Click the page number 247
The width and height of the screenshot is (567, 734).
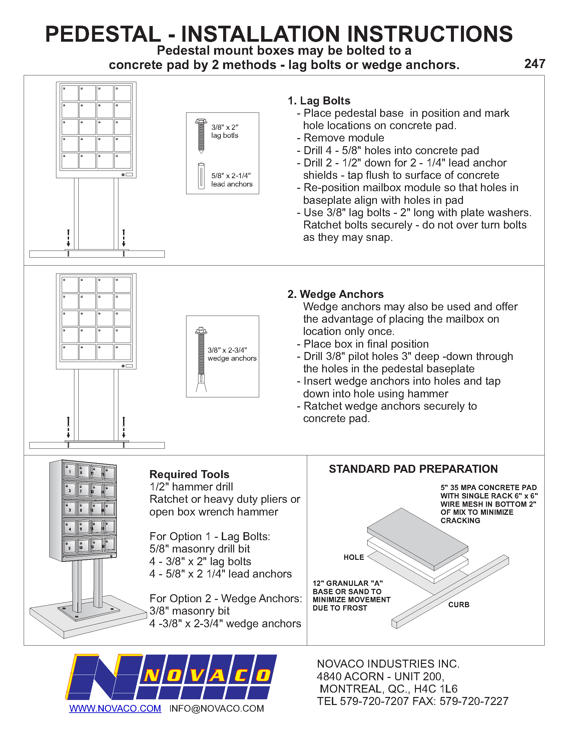click(535, 64)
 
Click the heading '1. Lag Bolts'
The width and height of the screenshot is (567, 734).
click(319, 101)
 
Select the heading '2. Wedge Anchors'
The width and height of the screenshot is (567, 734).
click(335, 294)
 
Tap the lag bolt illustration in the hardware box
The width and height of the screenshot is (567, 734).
click(201, 136)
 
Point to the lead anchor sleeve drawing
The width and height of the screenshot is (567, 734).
click(201, 176)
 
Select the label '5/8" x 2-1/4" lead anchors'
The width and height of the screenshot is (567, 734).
click(232, 180)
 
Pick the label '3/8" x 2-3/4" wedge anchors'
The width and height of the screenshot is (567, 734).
click(232, 354)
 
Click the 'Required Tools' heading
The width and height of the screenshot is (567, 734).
click(189, 474)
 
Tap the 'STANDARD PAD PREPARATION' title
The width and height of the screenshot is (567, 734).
click(413, 469)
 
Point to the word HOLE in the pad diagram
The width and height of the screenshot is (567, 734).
click(354, 557)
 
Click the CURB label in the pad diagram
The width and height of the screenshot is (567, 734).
click(459, 605)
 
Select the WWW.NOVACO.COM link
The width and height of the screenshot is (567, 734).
click(115, 708)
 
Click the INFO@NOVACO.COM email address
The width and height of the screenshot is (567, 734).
click(216, 708)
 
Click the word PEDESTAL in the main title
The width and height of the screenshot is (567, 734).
click(103, 34)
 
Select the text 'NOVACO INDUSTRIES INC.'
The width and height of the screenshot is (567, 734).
click(388, 664)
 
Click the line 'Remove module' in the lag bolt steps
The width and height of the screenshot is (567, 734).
click(343, 138)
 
